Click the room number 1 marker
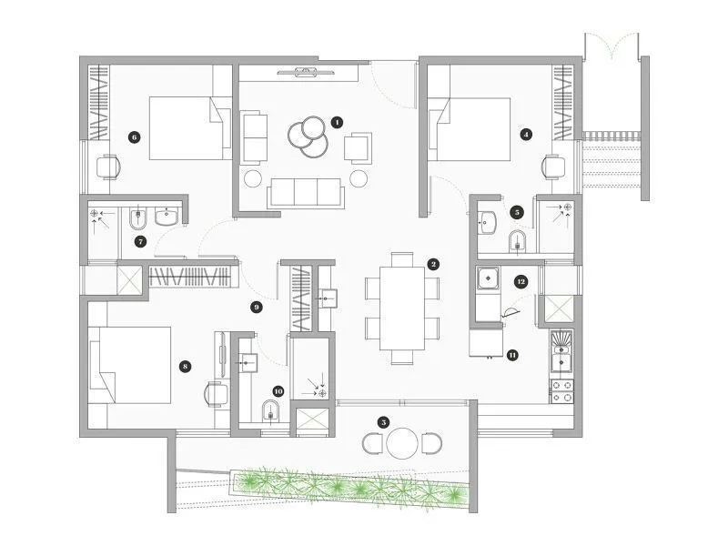point(337,121)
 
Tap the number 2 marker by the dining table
point(433,265)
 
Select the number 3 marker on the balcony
point(384,422)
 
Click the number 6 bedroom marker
point(135,137)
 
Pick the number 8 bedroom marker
point(186,367)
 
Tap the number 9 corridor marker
point(257,308)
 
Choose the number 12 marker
point(521,281)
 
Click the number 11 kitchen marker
point(512,355)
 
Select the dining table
point(401,308)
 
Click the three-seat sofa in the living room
point(305,191)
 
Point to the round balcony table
point(401,444)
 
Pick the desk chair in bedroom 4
point(553,166)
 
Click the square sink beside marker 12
point(489,277)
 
